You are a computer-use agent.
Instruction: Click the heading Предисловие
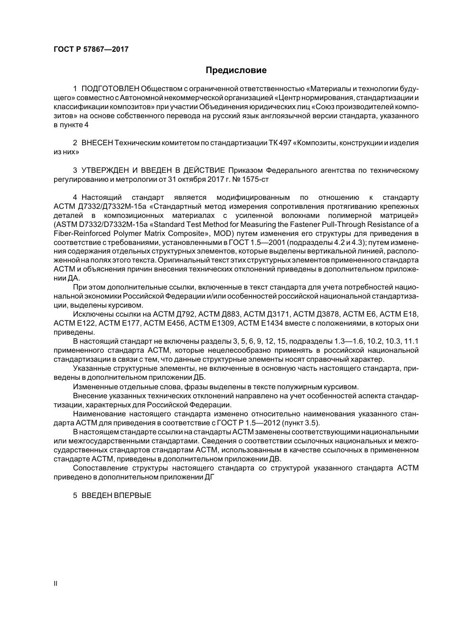(236, 70)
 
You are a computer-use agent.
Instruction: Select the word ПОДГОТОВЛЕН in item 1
(111, 89)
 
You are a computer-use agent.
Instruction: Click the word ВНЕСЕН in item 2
(97, 143)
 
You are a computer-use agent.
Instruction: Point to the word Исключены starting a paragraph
(91, 314)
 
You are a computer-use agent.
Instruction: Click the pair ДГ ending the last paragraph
(210, 477)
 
